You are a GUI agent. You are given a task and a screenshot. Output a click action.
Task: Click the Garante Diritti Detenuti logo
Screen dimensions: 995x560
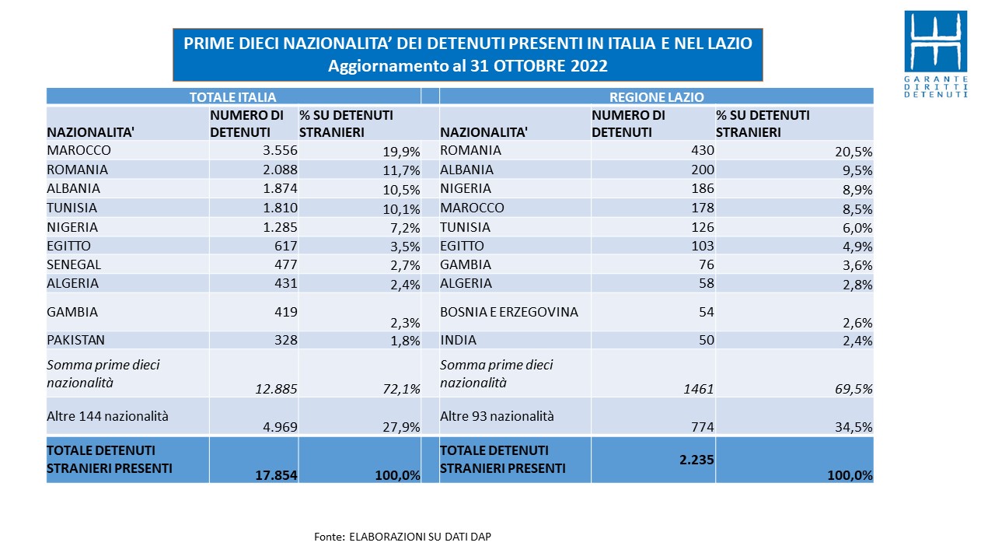[x=936, y=54]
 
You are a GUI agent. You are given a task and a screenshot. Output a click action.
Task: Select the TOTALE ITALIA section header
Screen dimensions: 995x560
[x=232, y=97]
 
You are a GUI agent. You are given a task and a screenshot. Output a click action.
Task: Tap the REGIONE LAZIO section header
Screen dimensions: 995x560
[x=657, y=97]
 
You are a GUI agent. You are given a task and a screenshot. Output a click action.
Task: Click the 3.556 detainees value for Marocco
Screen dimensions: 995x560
[x=280, y=150]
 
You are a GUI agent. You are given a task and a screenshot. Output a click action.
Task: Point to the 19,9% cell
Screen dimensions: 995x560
[x=402, y=152]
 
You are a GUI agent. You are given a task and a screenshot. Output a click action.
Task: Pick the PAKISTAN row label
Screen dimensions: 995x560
[x=75, y=340]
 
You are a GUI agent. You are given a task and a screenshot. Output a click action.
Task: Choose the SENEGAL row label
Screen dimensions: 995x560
[x=74, y=264]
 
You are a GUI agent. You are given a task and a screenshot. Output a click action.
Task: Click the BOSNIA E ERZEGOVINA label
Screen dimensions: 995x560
[x=509, y=312]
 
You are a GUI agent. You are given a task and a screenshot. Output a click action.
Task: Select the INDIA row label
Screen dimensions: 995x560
[x=458, y=340]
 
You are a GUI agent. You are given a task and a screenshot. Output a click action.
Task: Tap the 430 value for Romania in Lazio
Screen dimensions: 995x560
[x=702, y=150]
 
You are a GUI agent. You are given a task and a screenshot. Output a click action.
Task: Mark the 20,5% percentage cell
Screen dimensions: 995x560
[x=854, y=152]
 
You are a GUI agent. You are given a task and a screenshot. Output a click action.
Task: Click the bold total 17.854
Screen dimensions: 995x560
[x=276, y=475]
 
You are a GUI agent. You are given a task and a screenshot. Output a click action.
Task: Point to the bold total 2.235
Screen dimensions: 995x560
[x=696, y=460]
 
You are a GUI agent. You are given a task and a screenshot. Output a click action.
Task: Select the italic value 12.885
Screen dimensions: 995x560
[x=276, y=389]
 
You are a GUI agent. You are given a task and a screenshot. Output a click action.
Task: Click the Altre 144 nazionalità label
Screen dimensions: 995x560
[x=107, y=416]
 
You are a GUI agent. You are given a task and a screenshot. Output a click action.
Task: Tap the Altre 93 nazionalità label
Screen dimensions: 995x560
[x=497, y=416]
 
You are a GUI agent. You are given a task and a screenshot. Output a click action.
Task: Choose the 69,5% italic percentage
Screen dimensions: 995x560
[x=854, y=389]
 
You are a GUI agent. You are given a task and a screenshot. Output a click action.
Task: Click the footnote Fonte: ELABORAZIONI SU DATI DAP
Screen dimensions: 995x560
[x=403, y=537]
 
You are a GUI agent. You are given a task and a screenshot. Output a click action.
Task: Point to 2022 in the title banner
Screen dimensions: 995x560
[x=589, y=66]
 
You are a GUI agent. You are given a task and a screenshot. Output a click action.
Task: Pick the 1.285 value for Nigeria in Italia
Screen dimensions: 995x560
[x=280, y=227]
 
